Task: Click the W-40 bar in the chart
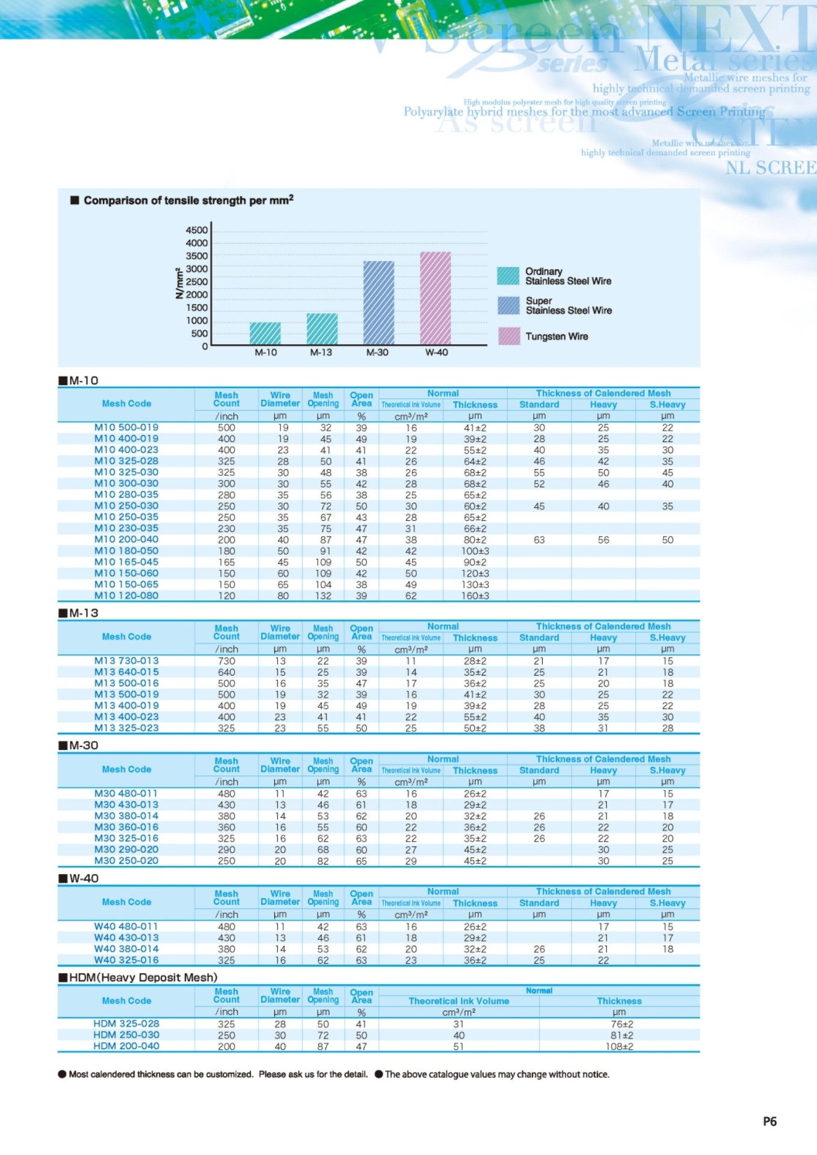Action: coord(436,298)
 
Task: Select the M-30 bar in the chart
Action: coord(378,303)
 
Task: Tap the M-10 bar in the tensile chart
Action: coord(265,333)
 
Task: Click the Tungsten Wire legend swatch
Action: coord(509,336)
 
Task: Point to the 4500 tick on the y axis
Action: coord(197,230)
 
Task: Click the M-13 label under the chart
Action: coord(321,353)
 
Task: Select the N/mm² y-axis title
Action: coord(179,283)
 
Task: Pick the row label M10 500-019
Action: coord(126,428)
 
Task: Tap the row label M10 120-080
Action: coord(126,596)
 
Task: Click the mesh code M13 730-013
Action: coord(126,661)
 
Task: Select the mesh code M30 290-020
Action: coord(126,849)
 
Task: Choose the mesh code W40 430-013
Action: coord(126,937)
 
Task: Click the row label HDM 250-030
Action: coord(126,1035)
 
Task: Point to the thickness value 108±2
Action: coord(619,1046)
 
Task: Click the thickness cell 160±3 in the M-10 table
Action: coord(475,596)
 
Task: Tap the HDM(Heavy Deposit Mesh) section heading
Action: coord(143,978)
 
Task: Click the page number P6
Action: coord(769,1121)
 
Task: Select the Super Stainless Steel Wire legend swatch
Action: coord(508,306)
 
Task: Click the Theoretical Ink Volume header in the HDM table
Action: coord(458,1001)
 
